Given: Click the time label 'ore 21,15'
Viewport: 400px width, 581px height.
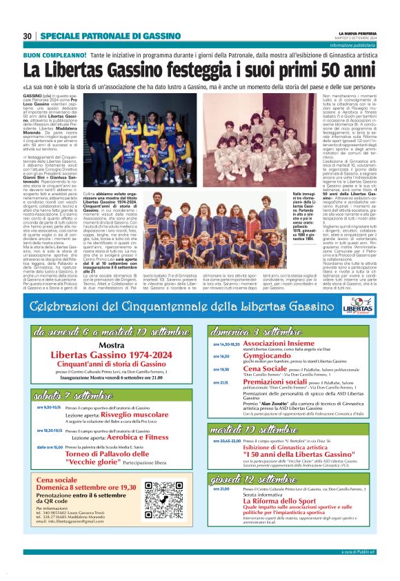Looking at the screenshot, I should pos(221,382).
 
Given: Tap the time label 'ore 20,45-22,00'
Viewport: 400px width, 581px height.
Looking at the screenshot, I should pos(226,440).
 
